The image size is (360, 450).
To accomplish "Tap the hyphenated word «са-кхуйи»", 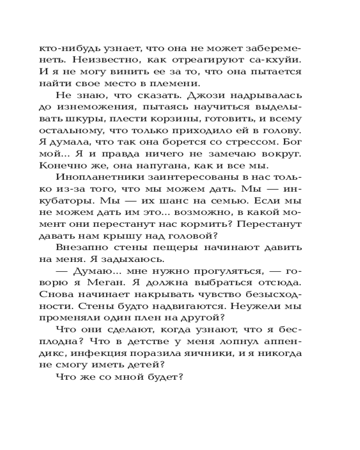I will click(276, 60).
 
